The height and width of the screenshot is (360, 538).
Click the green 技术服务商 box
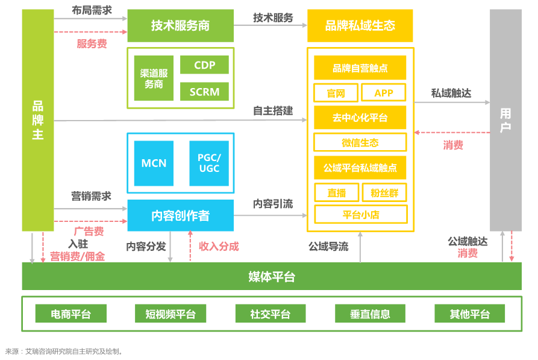point(180,25)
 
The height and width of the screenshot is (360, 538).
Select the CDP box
point(204,65)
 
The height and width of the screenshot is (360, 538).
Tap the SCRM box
point(204,92)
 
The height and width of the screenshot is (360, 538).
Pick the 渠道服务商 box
point(154,78)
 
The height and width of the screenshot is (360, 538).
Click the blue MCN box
point(154,163)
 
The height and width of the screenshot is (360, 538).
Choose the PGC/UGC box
point(209,163)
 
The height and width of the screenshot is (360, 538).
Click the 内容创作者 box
point(180,215)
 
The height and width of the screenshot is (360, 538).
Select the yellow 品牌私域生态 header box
point(360,25)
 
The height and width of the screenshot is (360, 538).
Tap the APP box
point(383,93)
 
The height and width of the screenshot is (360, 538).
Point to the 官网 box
point(336,93)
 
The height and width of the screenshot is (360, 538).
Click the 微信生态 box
point(360,143)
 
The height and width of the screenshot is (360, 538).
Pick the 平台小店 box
point(360,214)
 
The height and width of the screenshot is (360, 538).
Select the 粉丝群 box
point(384,192)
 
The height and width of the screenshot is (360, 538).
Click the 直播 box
point(336,192)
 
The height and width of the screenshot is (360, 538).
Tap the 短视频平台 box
point(170,314)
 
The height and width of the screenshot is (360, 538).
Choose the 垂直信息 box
point(370,314)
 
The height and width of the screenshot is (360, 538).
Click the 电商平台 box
point(70,314)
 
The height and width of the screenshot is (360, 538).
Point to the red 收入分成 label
point(219,246)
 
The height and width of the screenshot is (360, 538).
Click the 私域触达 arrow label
point(451,93)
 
